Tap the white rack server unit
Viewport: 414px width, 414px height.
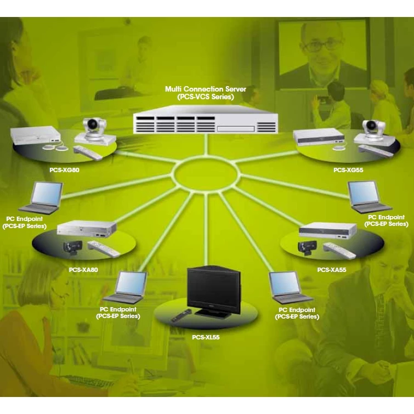click(x=206, y=120)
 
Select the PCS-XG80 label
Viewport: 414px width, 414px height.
click(x=64, y=170)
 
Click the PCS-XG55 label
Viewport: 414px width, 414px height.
click(x=348, y=170)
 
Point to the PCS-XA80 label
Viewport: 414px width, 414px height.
click(x=83, y=270)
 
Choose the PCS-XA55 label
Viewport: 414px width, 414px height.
click(x=332, y=270)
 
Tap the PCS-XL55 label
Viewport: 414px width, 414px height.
click(x=206, y=337)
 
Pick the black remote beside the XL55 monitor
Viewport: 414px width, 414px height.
click(x=181, y=315)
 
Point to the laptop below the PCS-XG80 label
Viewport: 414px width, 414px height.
click(x=42, y=198)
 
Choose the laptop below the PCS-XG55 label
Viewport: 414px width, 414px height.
click(x=369, y=197)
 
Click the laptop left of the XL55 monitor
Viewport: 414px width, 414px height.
click(x=126, y=287)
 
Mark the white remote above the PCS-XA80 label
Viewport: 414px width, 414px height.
click(x=104, y=249)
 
